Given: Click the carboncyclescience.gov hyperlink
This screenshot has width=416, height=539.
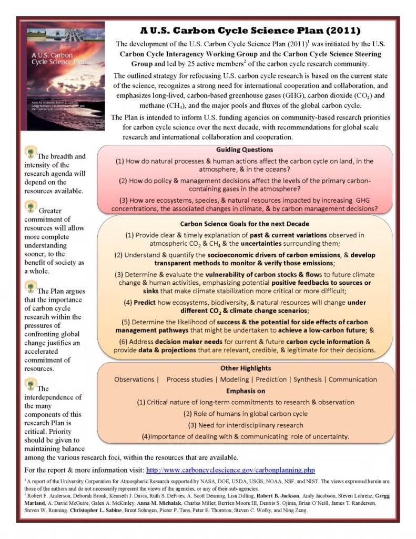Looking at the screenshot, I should (x=230, y=470).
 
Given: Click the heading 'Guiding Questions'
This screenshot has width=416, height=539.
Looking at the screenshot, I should (x=244, y=149).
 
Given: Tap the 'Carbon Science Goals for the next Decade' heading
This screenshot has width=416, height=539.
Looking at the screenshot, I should (x=245, y=224).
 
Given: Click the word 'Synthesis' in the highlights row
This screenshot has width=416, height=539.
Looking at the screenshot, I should (x=308, y=379).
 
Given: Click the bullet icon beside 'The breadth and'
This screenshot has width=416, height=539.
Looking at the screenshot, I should (x=31, y=153).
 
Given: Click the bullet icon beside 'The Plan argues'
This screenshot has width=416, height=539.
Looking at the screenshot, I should (x=31, y=287).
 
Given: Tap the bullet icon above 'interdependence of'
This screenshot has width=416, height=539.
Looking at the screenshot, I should (x=31, y=384).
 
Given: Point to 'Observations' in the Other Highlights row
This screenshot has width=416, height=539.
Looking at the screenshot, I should (x=135, y=379).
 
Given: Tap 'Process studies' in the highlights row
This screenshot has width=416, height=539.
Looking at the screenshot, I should (x=189, y=379).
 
